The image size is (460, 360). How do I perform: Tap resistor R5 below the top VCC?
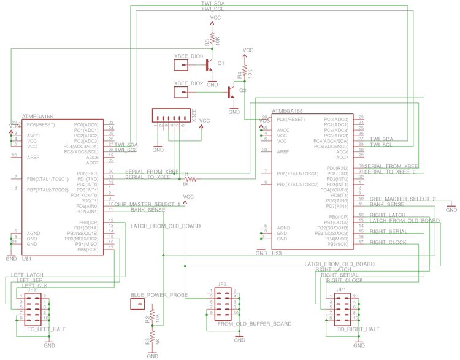212,40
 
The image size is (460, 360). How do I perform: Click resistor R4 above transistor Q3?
244,73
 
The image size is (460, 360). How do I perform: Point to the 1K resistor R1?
190,179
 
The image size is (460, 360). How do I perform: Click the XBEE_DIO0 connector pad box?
182,64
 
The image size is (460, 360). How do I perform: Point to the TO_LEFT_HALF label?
47,329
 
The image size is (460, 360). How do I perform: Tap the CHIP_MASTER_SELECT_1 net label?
147,204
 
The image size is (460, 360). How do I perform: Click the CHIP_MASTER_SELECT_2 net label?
402,199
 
